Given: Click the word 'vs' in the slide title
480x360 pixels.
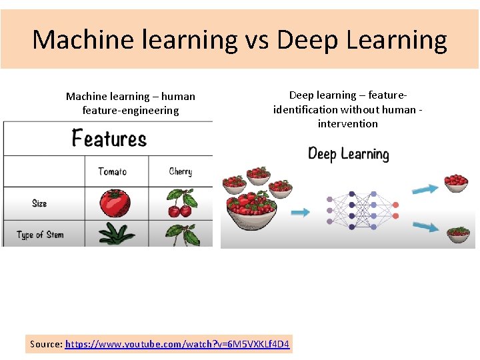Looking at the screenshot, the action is (x=257, y=40).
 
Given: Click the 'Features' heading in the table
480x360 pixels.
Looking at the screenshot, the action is (x=109, y=139).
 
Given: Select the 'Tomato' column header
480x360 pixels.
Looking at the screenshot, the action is (x=112, y=171).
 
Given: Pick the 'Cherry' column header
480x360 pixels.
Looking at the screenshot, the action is (x=181, y=171).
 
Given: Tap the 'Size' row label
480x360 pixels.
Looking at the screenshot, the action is (x=39, y=203).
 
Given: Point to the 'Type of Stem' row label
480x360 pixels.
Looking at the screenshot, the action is (x=41, y=235).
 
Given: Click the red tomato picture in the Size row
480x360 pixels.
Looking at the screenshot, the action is (x=115, y=203).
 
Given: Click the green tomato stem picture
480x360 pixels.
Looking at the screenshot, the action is (x=116, y=233).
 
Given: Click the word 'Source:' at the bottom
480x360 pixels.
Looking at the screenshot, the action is (x=46, y=345).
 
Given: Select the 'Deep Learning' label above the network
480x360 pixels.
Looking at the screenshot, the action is (x=348, y=154).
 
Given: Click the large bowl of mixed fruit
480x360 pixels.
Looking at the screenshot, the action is (x=252, y=208).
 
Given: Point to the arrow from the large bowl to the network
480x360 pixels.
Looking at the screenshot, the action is (x=301, y=213).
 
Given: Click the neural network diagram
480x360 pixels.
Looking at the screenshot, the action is (x=362, y=209).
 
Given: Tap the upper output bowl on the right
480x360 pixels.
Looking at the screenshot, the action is (x=456, y=183).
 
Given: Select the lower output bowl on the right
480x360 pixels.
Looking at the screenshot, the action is (x=458, y=235).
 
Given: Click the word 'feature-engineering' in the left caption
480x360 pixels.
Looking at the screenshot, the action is (x=131, y=111).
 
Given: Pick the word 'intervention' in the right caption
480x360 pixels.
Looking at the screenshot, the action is (x=347, y=124).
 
